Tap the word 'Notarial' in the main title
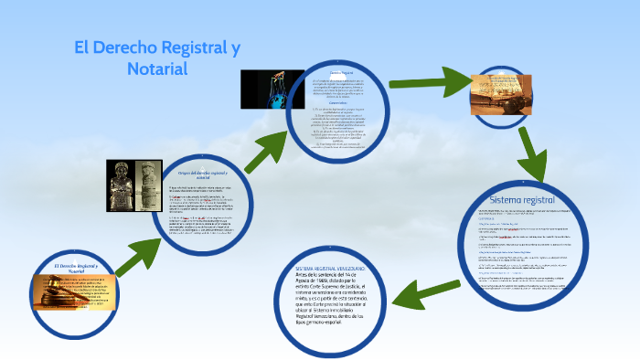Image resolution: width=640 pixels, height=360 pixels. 156,69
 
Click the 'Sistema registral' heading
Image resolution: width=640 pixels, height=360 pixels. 522,198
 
